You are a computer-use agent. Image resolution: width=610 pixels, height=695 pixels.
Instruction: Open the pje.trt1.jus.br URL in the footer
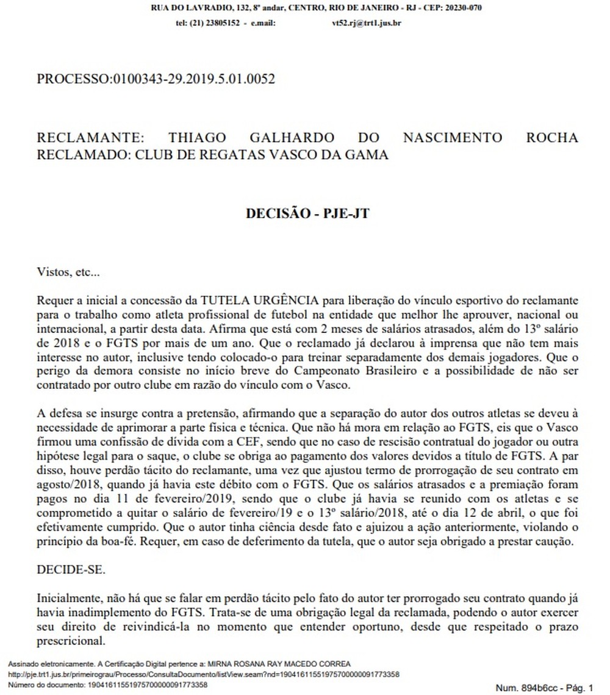click(204, 674)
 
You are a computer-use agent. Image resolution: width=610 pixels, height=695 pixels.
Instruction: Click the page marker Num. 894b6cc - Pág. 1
click(544, 688)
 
